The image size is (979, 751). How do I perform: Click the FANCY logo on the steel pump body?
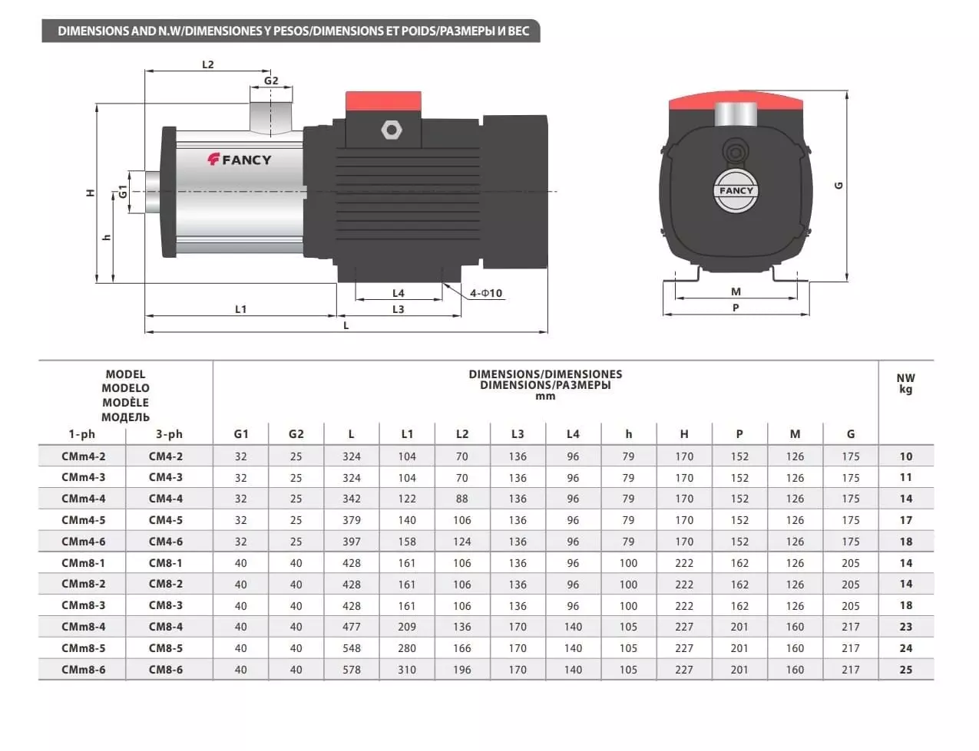(240, 160)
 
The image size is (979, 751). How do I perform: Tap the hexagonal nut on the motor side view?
(391, 130)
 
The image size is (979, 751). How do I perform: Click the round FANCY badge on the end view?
(736, 191)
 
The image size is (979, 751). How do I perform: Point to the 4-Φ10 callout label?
(486, 293)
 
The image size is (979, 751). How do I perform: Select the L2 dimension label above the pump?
(207, 64)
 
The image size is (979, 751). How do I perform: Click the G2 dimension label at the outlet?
(271, 81)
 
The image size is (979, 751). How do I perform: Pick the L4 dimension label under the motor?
(399, 293)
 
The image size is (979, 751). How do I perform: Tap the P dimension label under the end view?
(736, 308)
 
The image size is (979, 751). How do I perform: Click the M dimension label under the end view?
(736, 292)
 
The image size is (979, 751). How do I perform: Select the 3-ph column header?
(169, 434)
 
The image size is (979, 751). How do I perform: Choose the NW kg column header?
(905, 384)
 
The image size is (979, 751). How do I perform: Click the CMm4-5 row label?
(84, 520)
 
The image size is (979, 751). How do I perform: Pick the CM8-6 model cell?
(166, 670)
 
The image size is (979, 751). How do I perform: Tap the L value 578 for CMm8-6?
(352, 670)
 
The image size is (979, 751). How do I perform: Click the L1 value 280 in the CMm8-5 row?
(407, 648)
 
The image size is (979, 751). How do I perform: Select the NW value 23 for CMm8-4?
(905, 627)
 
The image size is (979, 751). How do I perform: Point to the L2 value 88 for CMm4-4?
(461, 499)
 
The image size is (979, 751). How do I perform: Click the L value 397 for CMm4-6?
(352, 542)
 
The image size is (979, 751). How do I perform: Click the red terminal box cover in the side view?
(383, 101)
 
